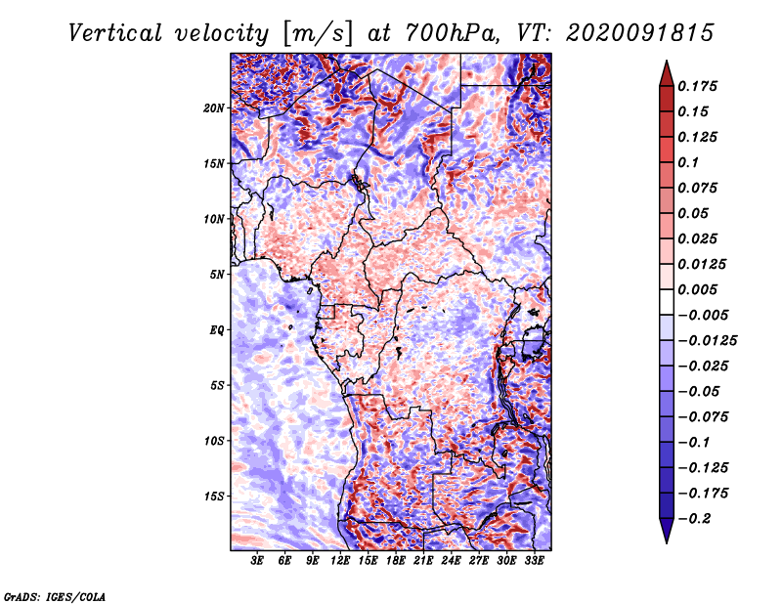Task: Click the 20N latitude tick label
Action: click(x=214, y=108)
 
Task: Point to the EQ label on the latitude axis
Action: click(x=216, y=330)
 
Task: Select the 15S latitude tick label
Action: click(x=214, y=496)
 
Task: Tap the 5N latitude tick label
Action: click(x=217, y=275)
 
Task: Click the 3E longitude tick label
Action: click(x=257, y=561)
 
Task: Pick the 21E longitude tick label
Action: click(x=423, y=561)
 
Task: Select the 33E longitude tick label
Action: click(x=534, y=561)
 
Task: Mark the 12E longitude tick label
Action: click(x=339, y=561)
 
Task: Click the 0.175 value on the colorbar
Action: click(x=697, y=86)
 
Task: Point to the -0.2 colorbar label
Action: click(x=694, y=519)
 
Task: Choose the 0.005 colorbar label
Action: click(x=697, y=289)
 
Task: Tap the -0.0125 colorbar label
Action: click(x=707, y=341)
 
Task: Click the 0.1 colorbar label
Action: click(x=688, y=162)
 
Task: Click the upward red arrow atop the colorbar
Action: click(x=667, y=74)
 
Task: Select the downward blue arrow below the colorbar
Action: click(x=667, y=530)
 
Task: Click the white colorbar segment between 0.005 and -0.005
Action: click(x=667, y=302)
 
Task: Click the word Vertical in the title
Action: click(x=115, y=33)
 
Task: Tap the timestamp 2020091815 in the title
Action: click(x=640, y=33)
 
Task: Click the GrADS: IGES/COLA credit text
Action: click(x=55, y=596)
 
